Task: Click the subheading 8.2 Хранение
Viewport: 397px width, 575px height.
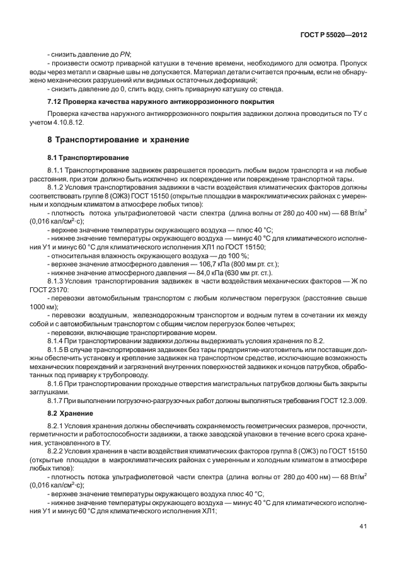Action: point(71,413)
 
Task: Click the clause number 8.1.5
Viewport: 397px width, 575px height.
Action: point(58,348)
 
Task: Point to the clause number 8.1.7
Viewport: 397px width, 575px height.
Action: point(58,400)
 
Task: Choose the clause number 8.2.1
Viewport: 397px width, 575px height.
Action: point(58,427)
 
